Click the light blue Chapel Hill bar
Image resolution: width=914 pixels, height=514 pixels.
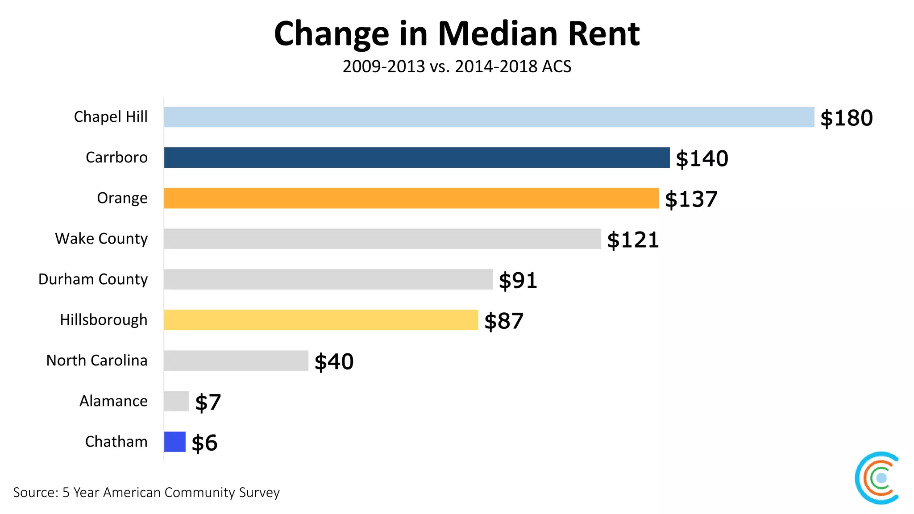point(489,117)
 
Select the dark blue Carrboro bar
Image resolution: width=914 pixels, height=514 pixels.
point(416,158)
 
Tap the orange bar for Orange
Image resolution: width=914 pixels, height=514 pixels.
point(411,198)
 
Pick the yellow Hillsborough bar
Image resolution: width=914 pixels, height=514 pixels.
point(320,320)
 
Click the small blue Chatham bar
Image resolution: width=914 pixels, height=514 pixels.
point(174,442)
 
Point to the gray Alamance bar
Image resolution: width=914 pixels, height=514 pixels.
point(176,401)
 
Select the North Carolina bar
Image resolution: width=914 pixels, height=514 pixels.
point(236,361)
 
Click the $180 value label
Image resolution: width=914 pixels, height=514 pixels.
point(846,118)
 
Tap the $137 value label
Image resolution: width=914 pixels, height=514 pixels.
point(691,199)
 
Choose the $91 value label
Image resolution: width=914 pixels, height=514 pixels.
point(518,281)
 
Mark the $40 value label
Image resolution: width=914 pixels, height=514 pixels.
point(334,362)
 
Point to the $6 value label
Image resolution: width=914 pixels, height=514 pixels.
point(204,443)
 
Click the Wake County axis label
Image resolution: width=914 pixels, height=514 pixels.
point(101,239)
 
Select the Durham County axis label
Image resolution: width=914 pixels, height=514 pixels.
point(93,279)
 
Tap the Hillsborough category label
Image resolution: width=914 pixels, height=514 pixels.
point(104,320)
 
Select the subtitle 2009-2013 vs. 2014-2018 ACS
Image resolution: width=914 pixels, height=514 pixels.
point(457,66)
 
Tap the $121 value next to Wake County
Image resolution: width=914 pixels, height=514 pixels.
point(633,240)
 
